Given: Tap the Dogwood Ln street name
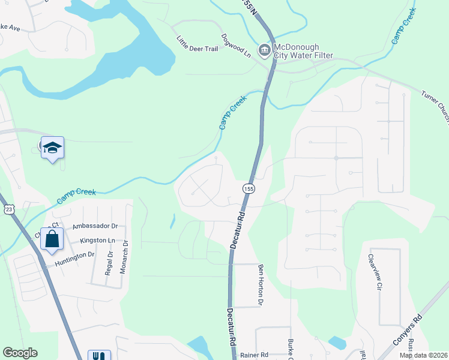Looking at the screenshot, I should click(236, 45).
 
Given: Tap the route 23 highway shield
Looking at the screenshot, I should click(8, 209).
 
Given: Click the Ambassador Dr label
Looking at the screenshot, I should click(94, 226).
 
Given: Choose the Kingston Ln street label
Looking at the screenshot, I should click(97, 240).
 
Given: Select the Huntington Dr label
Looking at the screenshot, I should click(74, 254).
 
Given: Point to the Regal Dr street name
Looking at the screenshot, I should click(110, 262).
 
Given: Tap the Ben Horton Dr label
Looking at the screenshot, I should click(261, 285).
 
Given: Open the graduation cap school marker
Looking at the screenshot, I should click(52, 149).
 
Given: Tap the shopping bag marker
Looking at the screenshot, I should click(52, 239).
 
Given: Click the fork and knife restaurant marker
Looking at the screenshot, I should click(97, 355).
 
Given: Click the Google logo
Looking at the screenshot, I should click(20, 353).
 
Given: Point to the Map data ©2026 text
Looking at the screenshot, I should click(423, 355).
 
